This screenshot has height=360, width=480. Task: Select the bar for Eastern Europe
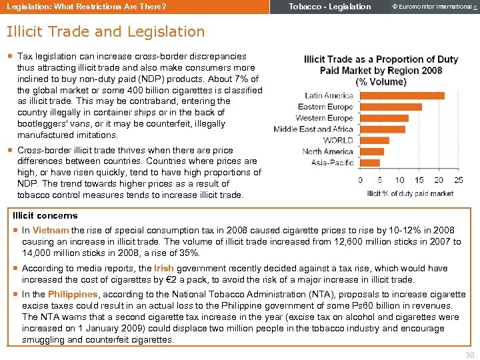(x=391, y=107)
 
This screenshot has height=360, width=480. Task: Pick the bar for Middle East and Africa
(x=382, y=129)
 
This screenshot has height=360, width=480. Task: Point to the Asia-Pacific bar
(x=369, y=162)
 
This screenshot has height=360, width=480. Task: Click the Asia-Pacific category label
(x=332, y=162)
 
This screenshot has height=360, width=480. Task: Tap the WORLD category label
(x=338, y=140)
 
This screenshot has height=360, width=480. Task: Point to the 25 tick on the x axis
(x=458, y=180)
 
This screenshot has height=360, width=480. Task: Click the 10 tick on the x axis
(x=399, y=180)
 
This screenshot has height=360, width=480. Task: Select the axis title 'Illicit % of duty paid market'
(x=409, y=193)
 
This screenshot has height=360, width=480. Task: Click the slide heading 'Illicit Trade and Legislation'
(x=105, y=31)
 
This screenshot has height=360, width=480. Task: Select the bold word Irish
(x=163, y=268)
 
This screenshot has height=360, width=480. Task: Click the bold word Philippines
(x=73, y=294)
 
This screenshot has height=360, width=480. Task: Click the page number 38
(x=470, y=355)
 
